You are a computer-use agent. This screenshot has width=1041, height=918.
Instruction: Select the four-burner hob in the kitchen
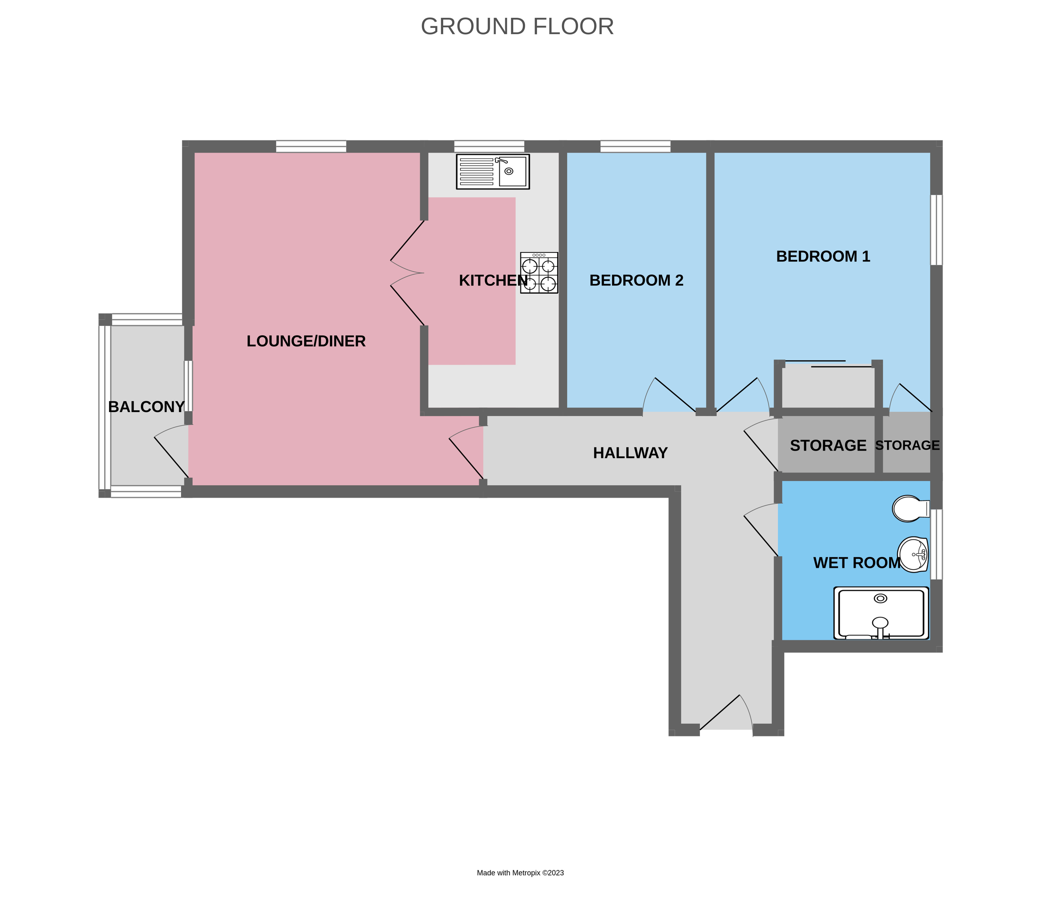[x=539, y=273]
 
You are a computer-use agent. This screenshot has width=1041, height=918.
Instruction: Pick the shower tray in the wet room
[x=881, y=613]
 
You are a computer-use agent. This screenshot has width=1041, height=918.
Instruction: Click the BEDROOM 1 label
[x=823, y=256]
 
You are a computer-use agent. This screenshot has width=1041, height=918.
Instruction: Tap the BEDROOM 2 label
[x=636, y=280]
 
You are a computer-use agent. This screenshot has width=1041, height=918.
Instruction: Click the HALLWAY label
[x=630, y=453]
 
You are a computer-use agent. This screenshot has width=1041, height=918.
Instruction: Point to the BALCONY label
[x=146, y=406]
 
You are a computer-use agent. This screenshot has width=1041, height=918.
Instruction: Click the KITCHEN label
[x=492, y=280]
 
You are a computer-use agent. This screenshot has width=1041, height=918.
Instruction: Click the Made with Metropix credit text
[x=520, y=873]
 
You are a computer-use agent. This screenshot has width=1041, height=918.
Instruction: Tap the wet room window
[x=936, y=544]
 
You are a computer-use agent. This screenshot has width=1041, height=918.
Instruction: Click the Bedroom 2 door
[x=668, y=397]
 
